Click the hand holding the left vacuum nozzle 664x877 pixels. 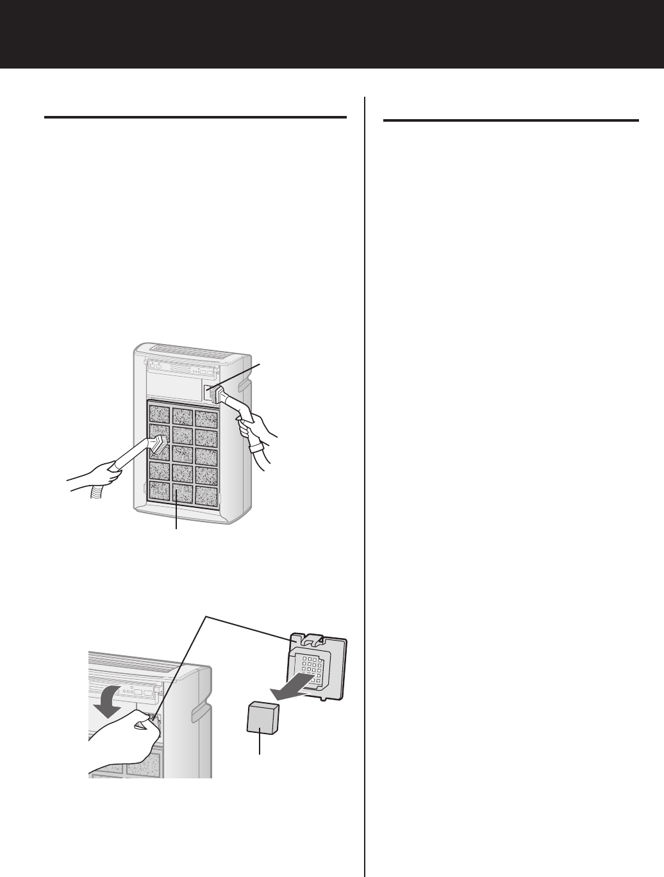(x=102, y=473)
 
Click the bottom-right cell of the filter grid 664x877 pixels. (x=207, y=493)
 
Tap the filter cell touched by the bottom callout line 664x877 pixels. (x=183, y=493)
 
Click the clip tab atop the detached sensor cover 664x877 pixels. (x=314, y=639)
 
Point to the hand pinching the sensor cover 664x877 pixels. (x=125, y=737)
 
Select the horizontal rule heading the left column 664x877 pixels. (x=195, y=118)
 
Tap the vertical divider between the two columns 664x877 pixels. (x=365, y=487)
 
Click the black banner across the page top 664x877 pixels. (x=332, y=33)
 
